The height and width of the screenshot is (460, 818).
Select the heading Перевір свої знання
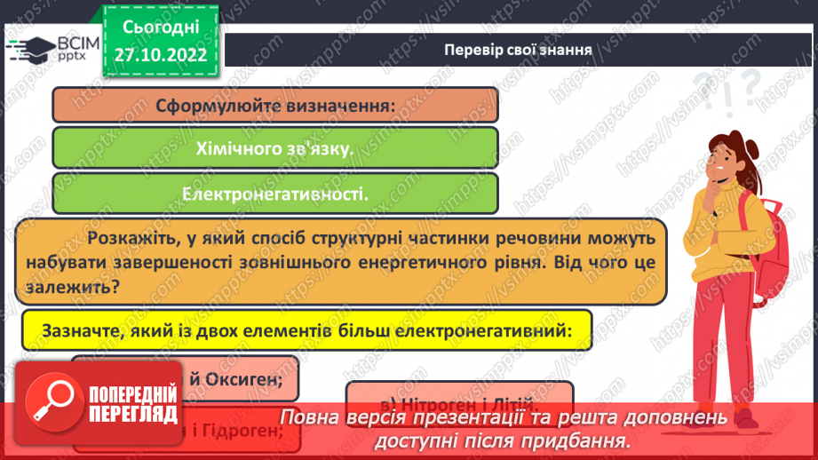[x=519, y=49]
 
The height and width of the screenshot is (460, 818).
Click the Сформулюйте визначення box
[x=275, y=105]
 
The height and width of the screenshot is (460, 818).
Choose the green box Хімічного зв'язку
[x=275, y=148]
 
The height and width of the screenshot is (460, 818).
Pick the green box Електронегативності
[x=275, y=194]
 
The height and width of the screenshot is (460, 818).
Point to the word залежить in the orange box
[x=73, y=289]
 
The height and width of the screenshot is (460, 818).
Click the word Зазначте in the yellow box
[x=75, y=330]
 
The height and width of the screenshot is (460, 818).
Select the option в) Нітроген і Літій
[x=459, y=395]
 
